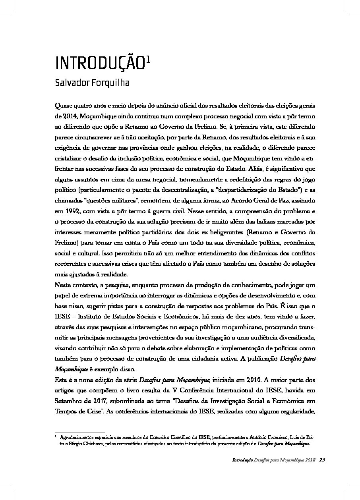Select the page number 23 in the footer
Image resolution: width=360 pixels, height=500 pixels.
click(x=322, y=460)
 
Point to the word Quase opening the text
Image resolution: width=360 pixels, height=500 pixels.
click(x=64, y=108)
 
